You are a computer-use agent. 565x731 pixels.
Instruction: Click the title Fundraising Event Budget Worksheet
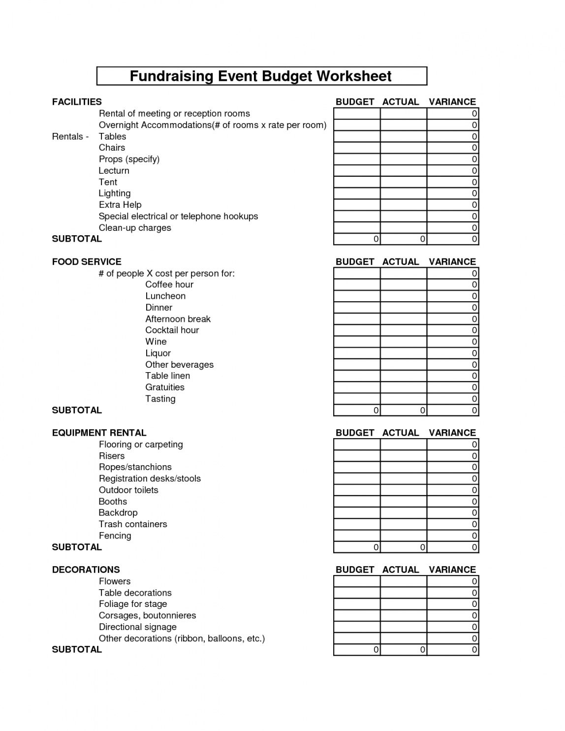pyautogui.click(x=261, y=76)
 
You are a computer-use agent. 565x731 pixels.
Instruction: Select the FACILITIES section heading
pyautogui.click(x=77, y=102)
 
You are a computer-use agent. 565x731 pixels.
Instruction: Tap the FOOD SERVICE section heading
pyautogui.click(x=87, y=262)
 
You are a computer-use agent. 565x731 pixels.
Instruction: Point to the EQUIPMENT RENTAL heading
pyautogui.click(x=99, y=433)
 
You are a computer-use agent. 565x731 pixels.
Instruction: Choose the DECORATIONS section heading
pyautogui.click(x=86, y=570)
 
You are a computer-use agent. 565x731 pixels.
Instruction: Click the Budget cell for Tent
pyautogui.click(x=357, y=182)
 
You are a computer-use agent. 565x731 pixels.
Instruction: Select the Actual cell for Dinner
pyautogui.click(x=403, y=308)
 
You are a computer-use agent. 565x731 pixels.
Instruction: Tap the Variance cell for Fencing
pyautogui.click(x=452, y=536)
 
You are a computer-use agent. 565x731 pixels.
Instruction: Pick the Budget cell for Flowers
pyautogui.click(x=357, y=581)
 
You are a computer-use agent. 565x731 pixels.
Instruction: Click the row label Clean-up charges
pyautogui.click(x=135, y=228)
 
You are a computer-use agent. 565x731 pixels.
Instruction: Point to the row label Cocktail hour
pyautogui.click(x=172, y=330)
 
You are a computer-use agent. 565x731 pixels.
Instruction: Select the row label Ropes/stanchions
pyautogui.click(x=135, y=467)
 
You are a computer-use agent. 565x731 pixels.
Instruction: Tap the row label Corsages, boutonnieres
pyautogui.click(x=147, y=615)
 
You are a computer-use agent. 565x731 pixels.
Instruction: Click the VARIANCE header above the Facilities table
pyautogui.click(x=452, y=102)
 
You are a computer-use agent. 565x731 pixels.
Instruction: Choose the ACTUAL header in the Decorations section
pyautogui.click(x=401, y=570)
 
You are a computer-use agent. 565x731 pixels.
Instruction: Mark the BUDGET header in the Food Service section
pyautogui.click(x=355, y=262)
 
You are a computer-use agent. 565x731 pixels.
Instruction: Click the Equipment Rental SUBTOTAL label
pyautogui.click(x=77, y=547)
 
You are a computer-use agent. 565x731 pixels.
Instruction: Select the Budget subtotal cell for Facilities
pyautogui.click(x=357, y=239)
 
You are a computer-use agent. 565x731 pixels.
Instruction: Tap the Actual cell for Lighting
pyautogui.click(x=403, y=193)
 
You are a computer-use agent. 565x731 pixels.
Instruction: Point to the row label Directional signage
pyautogui.click(x=137, y=627)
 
